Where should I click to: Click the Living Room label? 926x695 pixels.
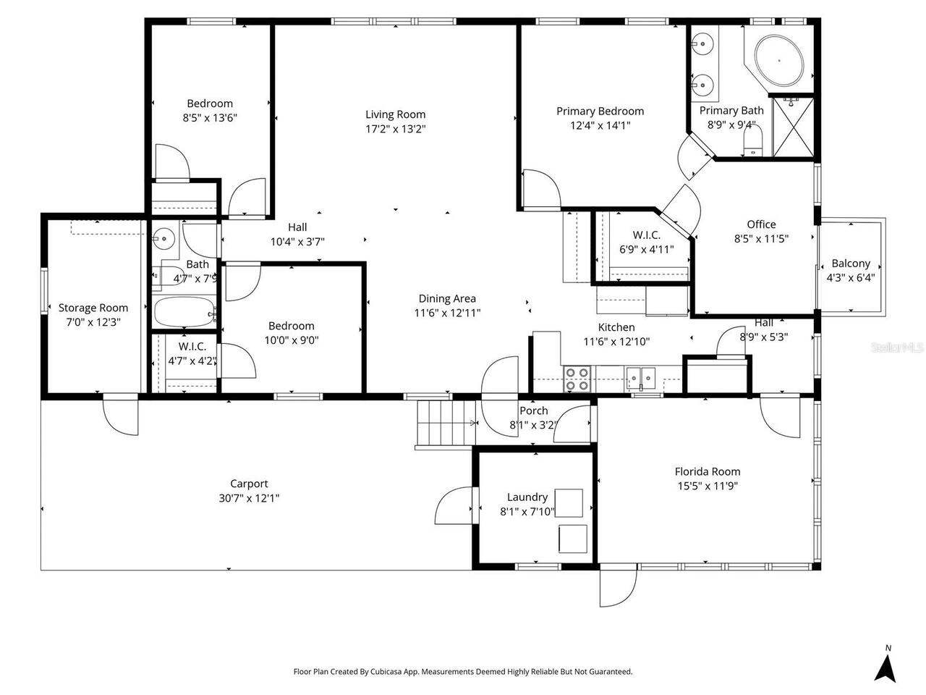click(x=395, y=114)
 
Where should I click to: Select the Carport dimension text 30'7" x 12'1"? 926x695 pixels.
click(x=249, y=498)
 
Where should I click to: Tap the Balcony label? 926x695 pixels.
click(x=850, y=264)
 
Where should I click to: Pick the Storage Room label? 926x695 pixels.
click(x=93, y=308)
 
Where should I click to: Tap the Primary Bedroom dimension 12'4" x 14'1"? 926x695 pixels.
click(x=600, y=125)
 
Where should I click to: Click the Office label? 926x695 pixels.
click(x=761, y=224)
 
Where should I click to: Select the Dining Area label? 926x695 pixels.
click(x=447, y=298)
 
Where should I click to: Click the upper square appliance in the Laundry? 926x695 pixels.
click(x=569, y=502)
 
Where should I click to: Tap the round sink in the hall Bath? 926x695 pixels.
click(x=165, y=237)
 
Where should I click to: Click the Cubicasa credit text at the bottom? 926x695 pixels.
click(x=462, y=672)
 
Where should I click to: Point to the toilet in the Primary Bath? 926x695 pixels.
click(x=753, y=150)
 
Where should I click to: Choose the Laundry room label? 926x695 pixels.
click(x=527, y=497)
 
